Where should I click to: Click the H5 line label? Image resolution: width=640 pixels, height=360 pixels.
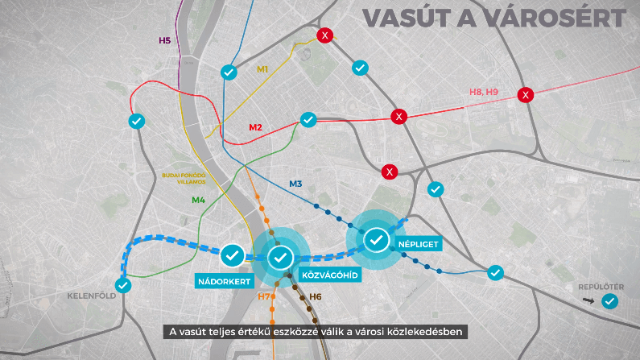click(x=164, y=40)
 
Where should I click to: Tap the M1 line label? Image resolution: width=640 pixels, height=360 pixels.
click(x=262, y=69)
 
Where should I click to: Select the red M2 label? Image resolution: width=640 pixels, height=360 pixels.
click(x=256, y=127)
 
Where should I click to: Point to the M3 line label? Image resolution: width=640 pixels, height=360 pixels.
click(x=295, y=184)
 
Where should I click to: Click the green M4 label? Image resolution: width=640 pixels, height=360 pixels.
click(x=197, y=200)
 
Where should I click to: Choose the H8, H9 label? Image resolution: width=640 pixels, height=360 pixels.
click(x=484, y=93)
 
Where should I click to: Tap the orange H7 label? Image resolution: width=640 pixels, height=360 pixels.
click(x=264, y=297)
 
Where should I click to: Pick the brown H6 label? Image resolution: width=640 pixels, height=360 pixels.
click(x=315, y=297)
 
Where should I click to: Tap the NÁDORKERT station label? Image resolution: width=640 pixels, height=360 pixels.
click(x=225, y=281)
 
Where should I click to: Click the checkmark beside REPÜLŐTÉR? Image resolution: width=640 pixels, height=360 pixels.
click(x=610, y=301)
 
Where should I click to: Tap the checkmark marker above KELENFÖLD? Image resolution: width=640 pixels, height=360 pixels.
click(x=122, y=285)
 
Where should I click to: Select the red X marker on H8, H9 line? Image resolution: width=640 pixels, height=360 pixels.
click(x=526, y=95)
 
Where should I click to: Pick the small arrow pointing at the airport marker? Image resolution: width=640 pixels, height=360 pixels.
click(x=587, y=301)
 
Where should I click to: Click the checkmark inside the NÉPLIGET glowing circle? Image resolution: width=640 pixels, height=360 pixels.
click(x=376, y=239)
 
